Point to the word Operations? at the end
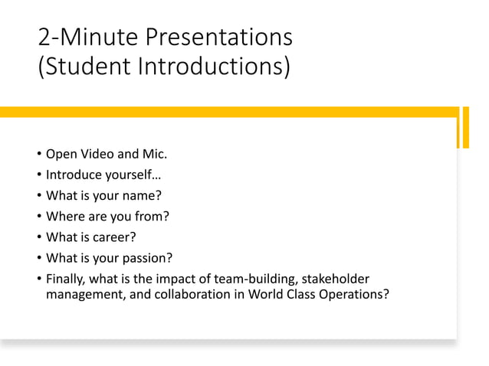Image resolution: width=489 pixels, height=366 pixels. tap(353, 293)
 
